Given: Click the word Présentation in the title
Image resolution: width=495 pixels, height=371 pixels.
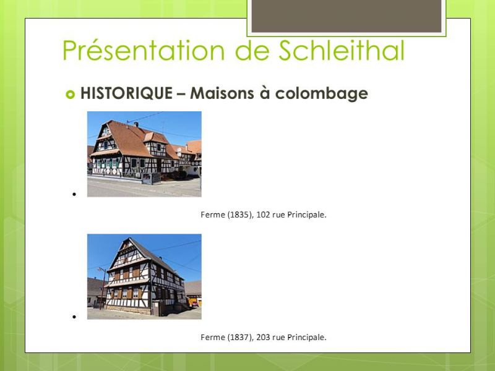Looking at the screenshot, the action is [144, 51].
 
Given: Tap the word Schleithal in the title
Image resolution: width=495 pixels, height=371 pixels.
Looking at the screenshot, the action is [342, 50].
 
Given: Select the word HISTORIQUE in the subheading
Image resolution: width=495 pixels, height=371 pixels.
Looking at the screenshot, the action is [126, 93].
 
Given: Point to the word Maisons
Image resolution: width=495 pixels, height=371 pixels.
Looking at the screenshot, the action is [222, 93].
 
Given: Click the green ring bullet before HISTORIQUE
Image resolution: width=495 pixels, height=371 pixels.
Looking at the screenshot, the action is [70, 94].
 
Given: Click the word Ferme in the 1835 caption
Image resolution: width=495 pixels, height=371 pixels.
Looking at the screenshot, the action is [212, 215].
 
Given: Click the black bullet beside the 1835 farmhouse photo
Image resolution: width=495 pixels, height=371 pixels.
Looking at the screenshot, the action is [74, 194].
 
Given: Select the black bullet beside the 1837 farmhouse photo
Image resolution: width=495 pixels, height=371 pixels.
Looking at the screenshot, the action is [74, 317].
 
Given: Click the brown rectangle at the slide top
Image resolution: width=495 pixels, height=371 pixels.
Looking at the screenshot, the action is [346, 16].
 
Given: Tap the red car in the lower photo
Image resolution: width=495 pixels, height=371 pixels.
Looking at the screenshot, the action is [194, 304].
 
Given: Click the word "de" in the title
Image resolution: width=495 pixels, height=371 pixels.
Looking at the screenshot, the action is [252, 51].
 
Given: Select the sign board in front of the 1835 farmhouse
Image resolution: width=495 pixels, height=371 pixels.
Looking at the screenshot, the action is [151, 179].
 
